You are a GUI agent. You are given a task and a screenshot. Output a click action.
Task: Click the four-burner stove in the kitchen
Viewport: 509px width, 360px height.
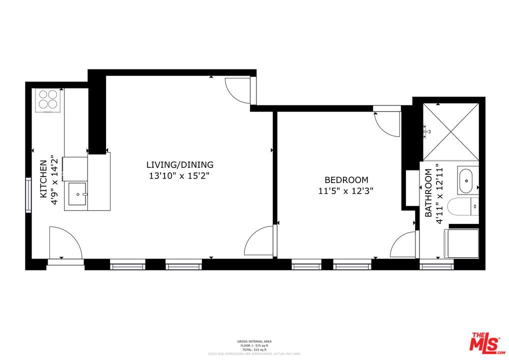[x=48, y=99]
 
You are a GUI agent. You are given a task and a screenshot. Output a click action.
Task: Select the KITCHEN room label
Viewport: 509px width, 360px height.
[x=43, y=178]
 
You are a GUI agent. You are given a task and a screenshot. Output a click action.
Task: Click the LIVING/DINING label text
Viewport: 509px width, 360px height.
[x=180, y=164]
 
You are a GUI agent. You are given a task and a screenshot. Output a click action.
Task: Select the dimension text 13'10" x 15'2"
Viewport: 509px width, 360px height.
[x=179, y=176]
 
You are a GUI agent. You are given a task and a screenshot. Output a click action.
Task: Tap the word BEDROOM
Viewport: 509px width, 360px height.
[x=346, y=180]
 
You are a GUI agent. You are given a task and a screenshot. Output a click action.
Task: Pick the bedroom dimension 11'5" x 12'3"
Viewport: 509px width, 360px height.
[x=346, y=191]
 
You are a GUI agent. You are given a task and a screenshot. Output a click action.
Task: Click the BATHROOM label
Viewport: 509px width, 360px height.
[x=428, y=193]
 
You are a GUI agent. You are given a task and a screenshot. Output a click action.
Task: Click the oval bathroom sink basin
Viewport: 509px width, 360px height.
[x=466, y=180]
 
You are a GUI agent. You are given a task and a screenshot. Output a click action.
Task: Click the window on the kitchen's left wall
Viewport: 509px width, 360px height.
[x=28, y=194]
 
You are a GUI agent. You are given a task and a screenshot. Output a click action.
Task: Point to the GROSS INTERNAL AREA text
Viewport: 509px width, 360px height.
[x=254, y=341]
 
